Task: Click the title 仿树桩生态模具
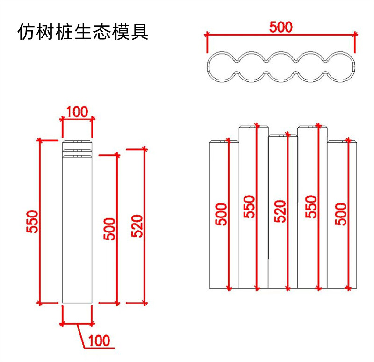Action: pos(83,33)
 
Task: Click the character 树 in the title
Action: pos(43,33)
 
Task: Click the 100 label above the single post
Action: pos(77,112)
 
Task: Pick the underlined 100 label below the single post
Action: pos(101,340)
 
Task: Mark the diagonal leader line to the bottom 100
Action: pos(80,335)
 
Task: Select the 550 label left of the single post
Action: pos(33,223)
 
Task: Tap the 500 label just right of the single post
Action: pos(109,229)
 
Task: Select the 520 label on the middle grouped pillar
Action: pos(279,211)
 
